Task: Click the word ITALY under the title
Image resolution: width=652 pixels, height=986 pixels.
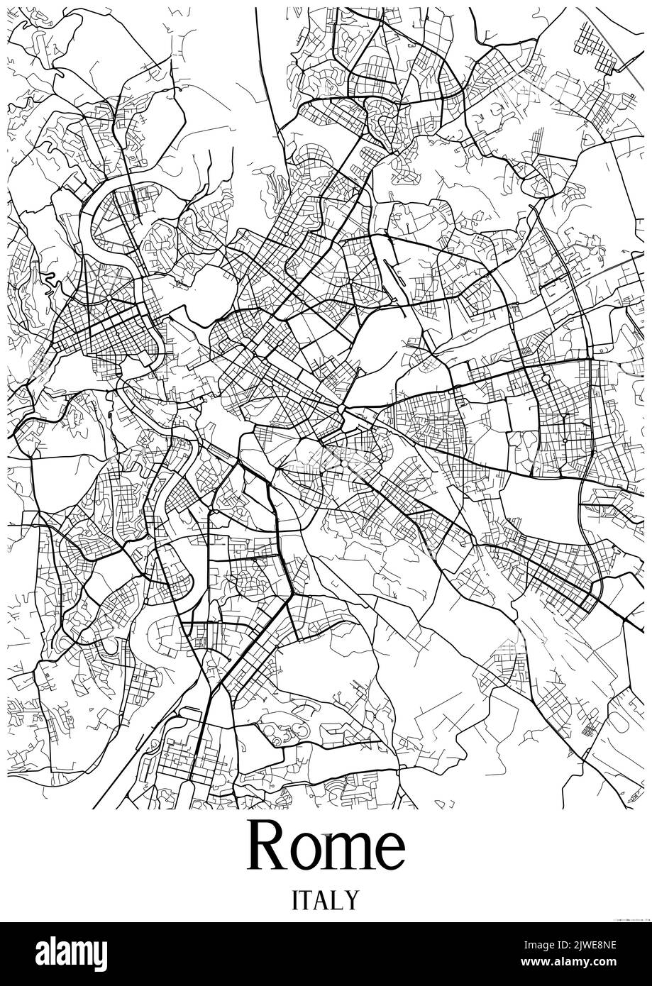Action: pyautogui.click(x=326, y=900)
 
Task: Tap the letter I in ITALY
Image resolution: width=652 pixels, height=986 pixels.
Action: pyautogui.click(x=295, y=900)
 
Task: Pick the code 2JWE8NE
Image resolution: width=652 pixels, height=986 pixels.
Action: pyautogui.click(x=592, y=943)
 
